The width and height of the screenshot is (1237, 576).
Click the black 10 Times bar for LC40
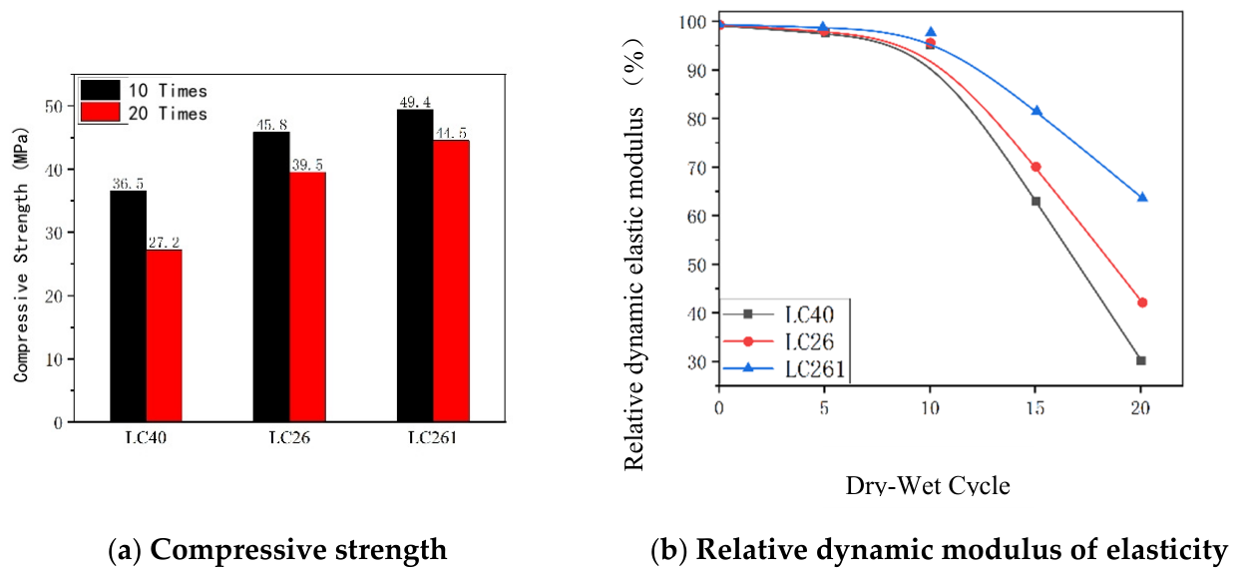pos(128,306)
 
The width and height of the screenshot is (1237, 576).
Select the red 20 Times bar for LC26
pos(307,296)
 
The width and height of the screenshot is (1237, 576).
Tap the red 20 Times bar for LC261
pos(451,281)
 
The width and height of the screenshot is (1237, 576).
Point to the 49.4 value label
pos(415,102)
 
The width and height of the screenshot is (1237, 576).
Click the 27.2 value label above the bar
pos(164,243)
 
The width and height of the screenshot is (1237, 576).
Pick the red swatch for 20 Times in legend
pos(100,112)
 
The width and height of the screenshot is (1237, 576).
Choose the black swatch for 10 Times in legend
pos(100,90)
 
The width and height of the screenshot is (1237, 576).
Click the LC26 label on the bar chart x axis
pos(289,438)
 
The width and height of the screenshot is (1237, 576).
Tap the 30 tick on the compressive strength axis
pos(54,233)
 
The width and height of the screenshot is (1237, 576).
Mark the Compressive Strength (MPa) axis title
pos(21,256)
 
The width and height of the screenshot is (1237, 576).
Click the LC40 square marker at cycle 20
pos(1141,360)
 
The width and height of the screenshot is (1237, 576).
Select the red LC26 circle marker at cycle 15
pos(1035,167)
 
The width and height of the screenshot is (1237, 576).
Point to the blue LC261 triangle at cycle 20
pos(1142,198)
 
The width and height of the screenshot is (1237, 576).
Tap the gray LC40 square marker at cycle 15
pos(1035,202)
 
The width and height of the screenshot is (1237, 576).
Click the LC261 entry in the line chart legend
pos(784,368)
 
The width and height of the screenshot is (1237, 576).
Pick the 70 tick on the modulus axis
pos(696,168)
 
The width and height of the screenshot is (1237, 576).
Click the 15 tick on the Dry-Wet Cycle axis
pos(1035,408)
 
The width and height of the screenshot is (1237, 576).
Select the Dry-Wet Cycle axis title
pos(928,485)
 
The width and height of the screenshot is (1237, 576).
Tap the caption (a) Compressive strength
pos(277,549)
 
